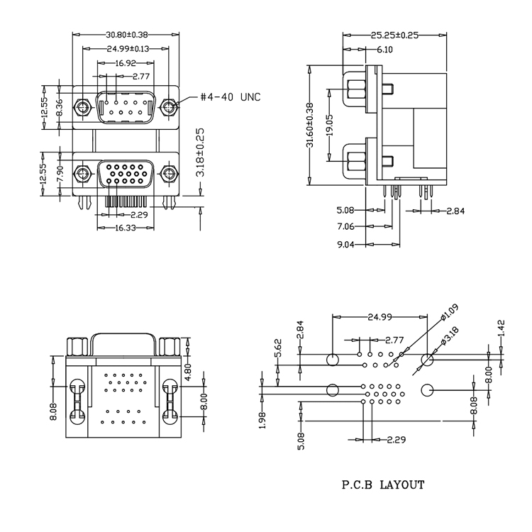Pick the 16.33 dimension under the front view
(x=126, y=228)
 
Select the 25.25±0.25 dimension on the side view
(x=394, y=34)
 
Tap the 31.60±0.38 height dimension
(x=310, y=124)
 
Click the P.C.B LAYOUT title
(x=384, y=485)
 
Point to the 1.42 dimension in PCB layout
(x=503, y=327)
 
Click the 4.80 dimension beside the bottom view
(x=189, y=373)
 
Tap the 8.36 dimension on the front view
(x=60, y=107)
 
